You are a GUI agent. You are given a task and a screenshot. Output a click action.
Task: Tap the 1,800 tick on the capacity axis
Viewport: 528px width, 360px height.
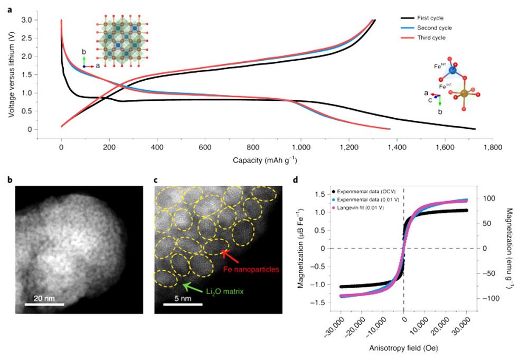493,149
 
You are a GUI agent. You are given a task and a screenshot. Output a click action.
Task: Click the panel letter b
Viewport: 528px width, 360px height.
10,179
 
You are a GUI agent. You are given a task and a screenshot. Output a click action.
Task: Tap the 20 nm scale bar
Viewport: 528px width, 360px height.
44,304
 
